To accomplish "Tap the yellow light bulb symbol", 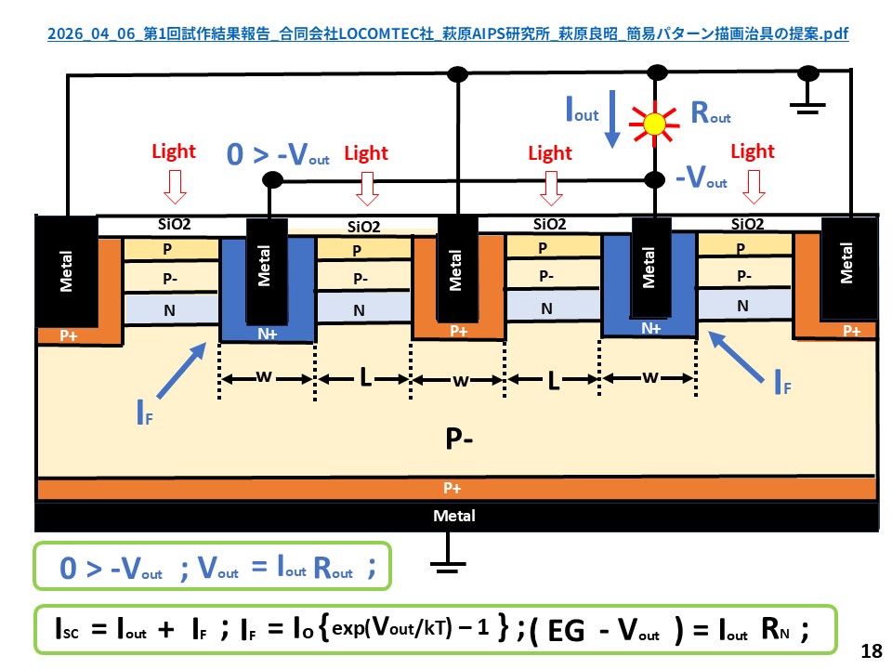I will tap(656, 122).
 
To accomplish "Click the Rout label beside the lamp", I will tap(711, 114).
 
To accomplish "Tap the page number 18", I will tap(871, 651).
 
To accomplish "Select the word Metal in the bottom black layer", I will tap(454, 516).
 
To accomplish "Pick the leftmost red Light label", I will tap(174, 151).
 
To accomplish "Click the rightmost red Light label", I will tap(753, 151).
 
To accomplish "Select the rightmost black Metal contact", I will tap(846, 263).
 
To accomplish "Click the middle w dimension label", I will tap(455, 379).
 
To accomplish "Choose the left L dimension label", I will tap(362, 379).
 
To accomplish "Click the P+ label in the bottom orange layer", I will tap(454, 488).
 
